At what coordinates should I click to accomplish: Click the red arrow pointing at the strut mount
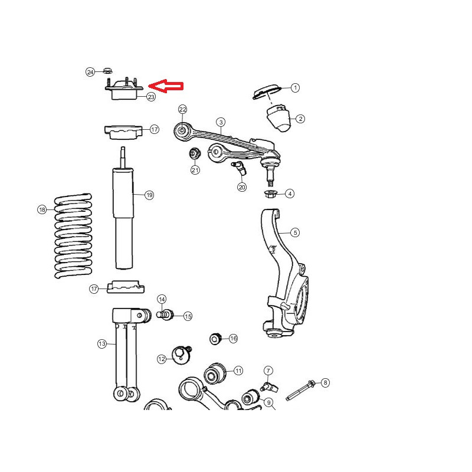(166, 86)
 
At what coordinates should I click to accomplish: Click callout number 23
(151, 97)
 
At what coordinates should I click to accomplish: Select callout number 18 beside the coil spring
(42, 209)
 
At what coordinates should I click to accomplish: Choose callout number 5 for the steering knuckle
(295, 232)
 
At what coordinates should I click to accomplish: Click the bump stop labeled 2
(278, 117)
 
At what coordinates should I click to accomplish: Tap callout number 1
(296, 87)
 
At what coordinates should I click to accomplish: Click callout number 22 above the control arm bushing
(183, 109)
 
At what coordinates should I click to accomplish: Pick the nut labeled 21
(195, 153)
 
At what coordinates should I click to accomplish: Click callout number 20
(242, 187)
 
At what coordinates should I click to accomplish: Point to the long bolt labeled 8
(300, 391)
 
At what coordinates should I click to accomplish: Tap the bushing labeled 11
(215, 373)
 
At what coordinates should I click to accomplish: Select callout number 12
(162, 359)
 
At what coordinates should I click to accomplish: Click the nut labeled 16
(215, 339)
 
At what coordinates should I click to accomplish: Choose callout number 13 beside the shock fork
(102, 344)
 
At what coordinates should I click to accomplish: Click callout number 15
(188, 316)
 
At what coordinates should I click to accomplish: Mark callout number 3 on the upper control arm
(221, 122)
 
